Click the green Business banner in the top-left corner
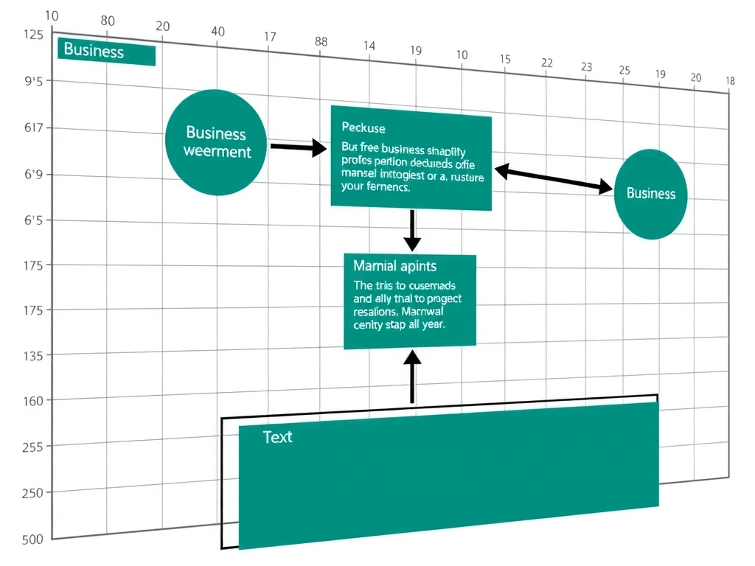(106, 51)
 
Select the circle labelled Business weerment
(216, 143)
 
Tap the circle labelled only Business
(650, 194)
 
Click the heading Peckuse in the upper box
(363, 128)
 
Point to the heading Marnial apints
(394, 266)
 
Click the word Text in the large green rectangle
(277, 437)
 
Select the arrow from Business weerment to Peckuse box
(298, 147)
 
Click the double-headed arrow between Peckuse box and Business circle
(554, 179)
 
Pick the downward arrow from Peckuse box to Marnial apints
(412, 231)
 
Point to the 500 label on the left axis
(32, 539)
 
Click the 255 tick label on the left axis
(33, 447)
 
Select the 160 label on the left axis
(33, 401)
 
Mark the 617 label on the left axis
(35, 128)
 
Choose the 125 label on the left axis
(34, 34)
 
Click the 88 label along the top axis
(321, 41)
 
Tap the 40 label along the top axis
(218, 32)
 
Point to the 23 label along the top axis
(586, 67)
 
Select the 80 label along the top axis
(108, 21)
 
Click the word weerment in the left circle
(217, 152)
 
